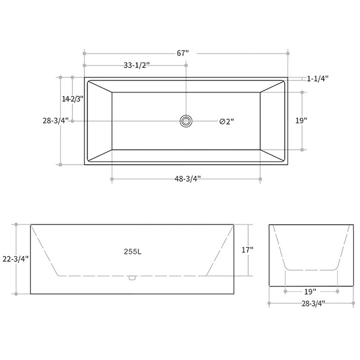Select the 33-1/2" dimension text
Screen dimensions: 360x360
(136, 65)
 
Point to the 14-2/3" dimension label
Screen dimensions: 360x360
(72, 99)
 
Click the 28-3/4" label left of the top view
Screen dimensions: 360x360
(56, 120)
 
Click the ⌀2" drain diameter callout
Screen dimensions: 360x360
(226, 121)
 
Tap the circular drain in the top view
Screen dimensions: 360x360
(186, 120)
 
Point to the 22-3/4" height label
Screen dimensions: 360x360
(15, 258)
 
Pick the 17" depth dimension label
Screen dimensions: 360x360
(247, 249)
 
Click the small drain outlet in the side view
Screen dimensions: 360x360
(132, 278)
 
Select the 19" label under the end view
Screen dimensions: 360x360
(310, 291)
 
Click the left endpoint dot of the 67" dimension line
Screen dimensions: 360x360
(84, 52)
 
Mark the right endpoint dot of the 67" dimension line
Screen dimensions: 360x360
(288, 52)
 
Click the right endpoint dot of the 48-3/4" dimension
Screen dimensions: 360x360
(260, 179)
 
